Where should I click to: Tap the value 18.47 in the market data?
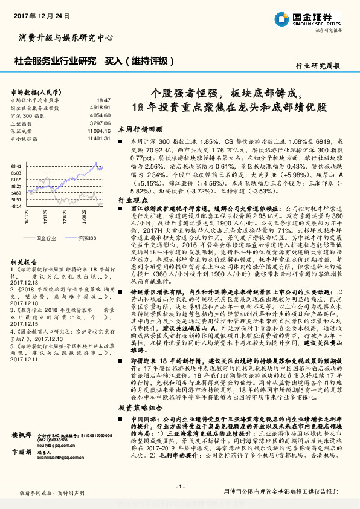(x=103, y=100)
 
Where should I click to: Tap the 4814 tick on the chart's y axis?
(x=16, y=207)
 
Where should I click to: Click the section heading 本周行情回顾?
(x=140, y=129)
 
